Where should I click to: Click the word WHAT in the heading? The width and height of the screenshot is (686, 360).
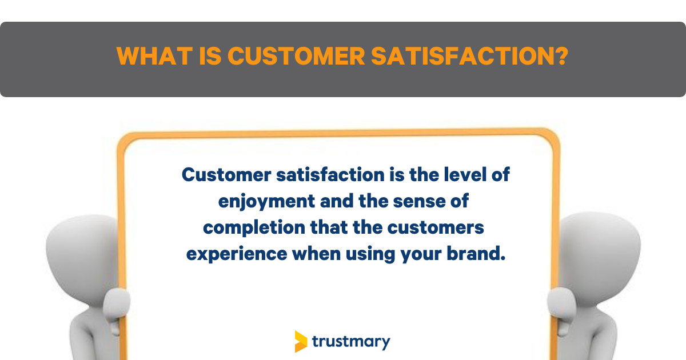click(155, 56)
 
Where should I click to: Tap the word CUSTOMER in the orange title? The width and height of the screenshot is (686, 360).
click(296, 56)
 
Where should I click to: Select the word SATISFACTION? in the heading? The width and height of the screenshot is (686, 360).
click(469, 56)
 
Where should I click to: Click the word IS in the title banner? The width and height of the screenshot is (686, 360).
click(210, 56)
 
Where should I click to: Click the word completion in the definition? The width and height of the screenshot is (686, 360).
click(254, 229)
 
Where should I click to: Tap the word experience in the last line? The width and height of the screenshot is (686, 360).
click(237, 255)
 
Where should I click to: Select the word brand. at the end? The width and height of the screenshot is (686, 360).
click(476, 254)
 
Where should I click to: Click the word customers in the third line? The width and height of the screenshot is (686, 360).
click(436, 228)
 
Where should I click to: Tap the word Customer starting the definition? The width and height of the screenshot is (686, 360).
click(226, 175)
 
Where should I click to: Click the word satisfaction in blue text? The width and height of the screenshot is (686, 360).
click(330, 175)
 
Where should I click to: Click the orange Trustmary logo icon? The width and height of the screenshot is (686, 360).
click(301, 341)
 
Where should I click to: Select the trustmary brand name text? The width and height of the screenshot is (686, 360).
click(351, 342)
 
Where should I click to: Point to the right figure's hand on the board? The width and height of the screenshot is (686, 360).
click(561, 306)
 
